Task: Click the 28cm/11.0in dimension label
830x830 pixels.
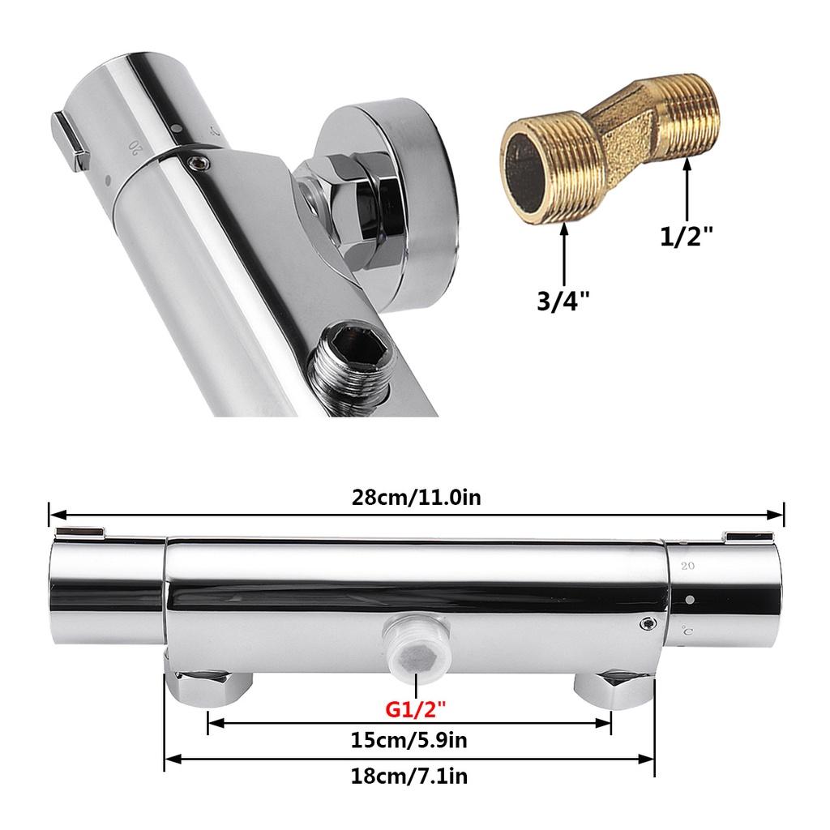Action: [416, 498]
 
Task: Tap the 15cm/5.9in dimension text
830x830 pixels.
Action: [409, 740]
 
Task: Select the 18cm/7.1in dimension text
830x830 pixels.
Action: [409, 777]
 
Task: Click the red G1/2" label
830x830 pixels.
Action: [416, 708]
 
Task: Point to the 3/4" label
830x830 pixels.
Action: [563, 302]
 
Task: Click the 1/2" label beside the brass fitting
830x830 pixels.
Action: [687, 236]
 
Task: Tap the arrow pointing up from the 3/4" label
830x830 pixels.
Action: [564, 255]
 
